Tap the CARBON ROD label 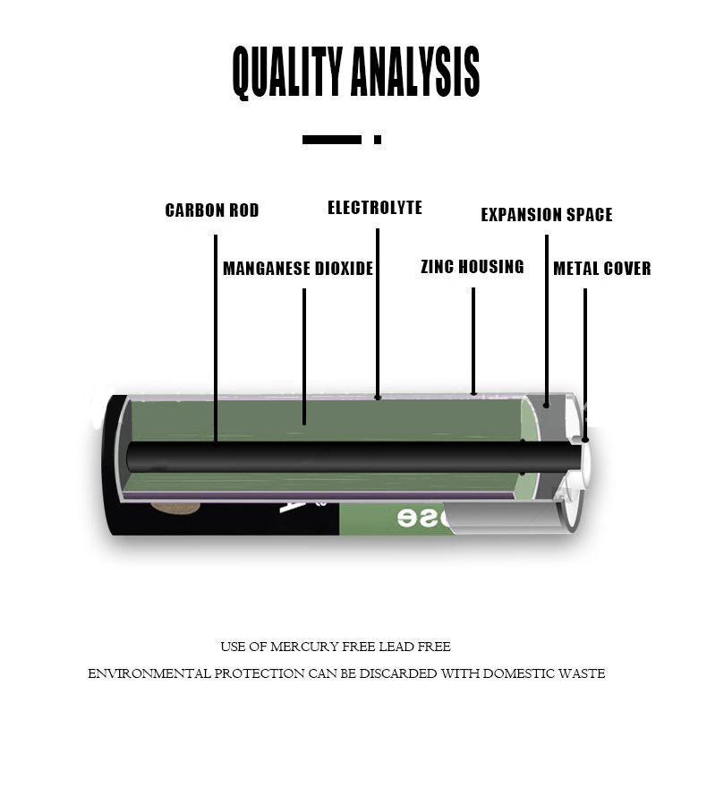click(212, 210)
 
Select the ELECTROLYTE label click(375, 208)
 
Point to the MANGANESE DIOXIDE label click(298, 269)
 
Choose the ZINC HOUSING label click(473, 266)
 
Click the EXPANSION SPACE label click(547, 215)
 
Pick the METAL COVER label click(602, 269)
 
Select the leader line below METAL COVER click(585, 358)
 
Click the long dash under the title click(332, 140)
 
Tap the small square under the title click(378, 140)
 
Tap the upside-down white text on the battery click(420, 518)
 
